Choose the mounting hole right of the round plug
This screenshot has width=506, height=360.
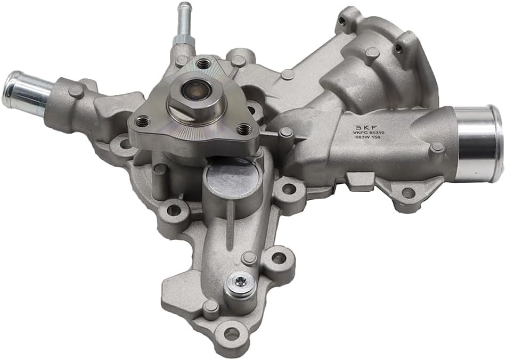(288, 188)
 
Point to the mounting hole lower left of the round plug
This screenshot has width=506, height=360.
(174, 210)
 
